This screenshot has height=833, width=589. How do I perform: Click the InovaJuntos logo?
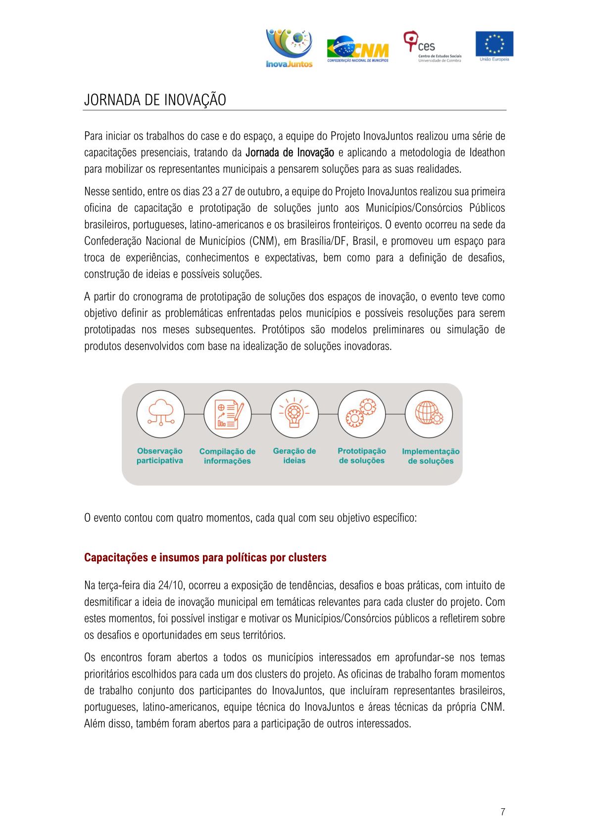289,48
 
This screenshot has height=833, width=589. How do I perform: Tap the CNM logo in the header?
358,49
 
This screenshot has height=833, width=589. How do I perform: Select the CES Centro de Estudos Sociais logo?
432,47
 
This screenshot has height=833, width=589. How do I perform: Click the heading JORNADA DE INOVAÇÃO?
155,99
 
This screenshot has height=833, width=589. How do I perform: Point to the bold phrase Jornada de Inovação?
290,152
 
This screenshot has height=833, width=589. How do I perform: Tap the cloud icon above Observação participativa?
160,414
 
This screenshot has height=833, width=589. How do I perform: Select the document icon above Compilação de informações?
228,414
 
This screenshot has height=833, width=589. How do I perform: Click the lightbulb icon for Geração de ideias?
294,414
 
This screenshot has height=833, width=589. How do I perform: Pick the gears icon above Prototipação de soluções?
362,414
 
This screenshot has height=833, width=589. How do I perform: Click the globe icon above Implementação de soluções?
429,414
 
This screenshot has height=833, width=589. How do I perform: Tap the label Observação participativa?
160,456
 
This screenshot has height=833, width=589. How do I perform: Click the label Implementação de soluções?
431,456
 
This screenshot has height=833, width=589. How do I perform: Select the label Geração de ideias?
294,456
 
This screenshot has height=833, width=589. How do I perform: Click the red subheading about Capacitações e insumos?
205,557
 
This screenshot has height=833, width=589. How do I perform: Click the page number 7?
503,812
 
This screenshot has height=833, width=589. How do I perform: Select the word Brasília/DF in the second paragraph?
323,241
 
